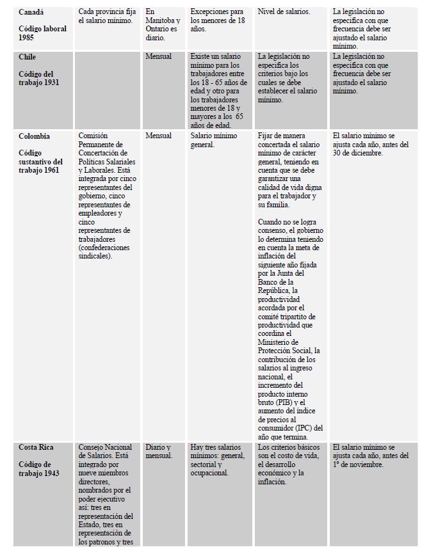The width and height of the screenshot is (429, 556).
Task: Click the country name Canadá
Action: click(31, 12)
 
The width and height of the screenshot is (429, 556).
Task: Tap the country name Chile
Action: click(27, 57)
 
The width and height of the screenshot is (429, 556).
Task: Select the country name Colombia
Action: click(34, 136)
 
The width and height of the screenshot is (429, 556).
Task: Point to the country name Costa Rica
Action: click(35, 447)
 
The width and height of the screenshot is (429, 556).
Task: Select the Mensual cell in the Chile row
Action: click(159, 57)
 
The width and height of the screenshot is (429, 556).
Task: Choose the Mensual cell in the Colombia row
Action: click(159, 136)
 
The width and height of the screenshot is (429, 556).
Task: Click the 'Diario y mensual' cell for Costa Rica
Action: click(159, 451)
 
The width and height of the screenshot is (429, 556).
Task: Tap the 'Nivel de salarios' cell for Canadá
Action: click(284, 12)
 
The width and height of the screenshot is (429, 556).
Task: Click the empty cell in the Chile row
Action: click(108, 90)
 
